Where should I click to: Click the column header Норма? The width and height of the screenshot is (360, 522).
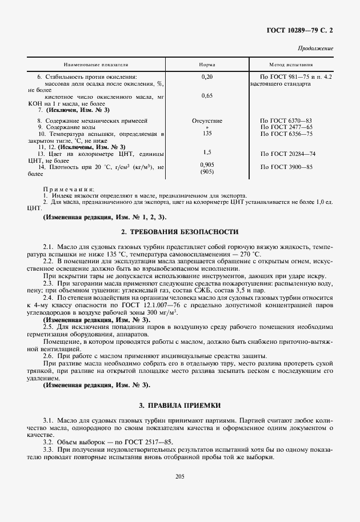coord(207,65)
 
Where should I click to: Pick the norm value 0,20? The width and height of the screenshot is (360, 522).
coord(207,77)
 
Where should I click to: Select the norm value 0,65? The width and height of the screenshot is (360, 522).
coord(207,95)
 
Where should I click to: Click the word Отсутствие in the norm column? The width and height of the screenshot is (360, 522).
coord(207,121)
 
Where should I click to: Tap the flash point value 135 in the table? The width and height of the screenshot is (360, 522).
coord(207,134)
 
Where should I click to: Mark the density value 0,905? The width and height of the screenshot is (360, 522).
coord(207,165)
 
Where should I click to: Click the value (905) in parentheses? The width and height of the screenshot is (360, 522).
coord(207,172)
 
